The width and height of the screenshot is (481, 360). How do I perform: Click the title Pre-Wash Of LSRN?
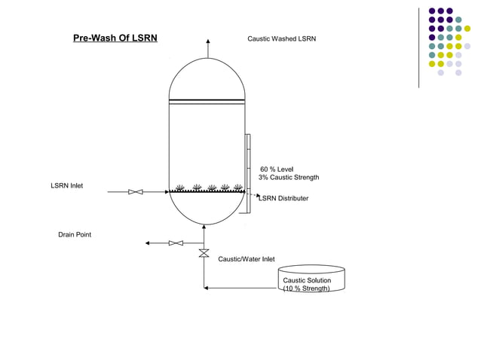coord(115,38)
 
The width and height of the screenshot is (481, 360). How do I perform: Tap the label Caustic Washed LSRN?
coord(283,38)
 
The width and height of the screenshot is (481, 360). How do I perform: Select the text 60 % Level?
coord(277,169)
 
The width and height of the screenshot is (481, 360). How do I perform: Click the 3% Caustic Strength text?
coord(289,178)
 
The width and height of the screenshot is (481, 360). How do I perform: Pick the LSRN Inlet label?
coord(67,185)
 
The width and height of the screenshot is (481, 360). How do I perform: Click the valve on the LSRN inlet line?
coord(136,192)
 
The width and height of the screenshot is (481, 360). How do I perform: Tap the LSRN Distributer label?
coord(283,198)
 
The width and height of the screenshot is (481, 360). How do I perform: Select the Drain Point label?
coord(75,235)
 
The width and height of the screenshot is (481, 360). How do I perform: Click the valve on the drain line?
coord(176,243)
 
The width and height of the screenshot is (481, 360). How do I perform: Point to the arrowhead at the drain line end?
coord(148,243)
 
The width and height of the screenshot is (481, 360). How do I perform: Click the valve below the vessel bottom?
coord(204,254)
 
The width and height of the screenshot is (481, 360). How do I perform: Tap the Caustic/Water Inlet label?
coord(247,259)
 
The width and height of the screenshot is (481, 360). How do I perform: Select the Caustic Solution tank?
coord(311,278)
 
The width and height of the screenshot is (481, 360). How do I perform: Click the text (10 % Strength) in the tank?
coord(306,288)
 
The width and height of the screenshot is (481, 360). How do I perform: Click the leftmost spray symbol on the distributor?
coord(180,187)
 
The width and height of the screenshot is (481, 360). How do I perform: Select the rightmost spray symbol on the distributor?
coord(237,187)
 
